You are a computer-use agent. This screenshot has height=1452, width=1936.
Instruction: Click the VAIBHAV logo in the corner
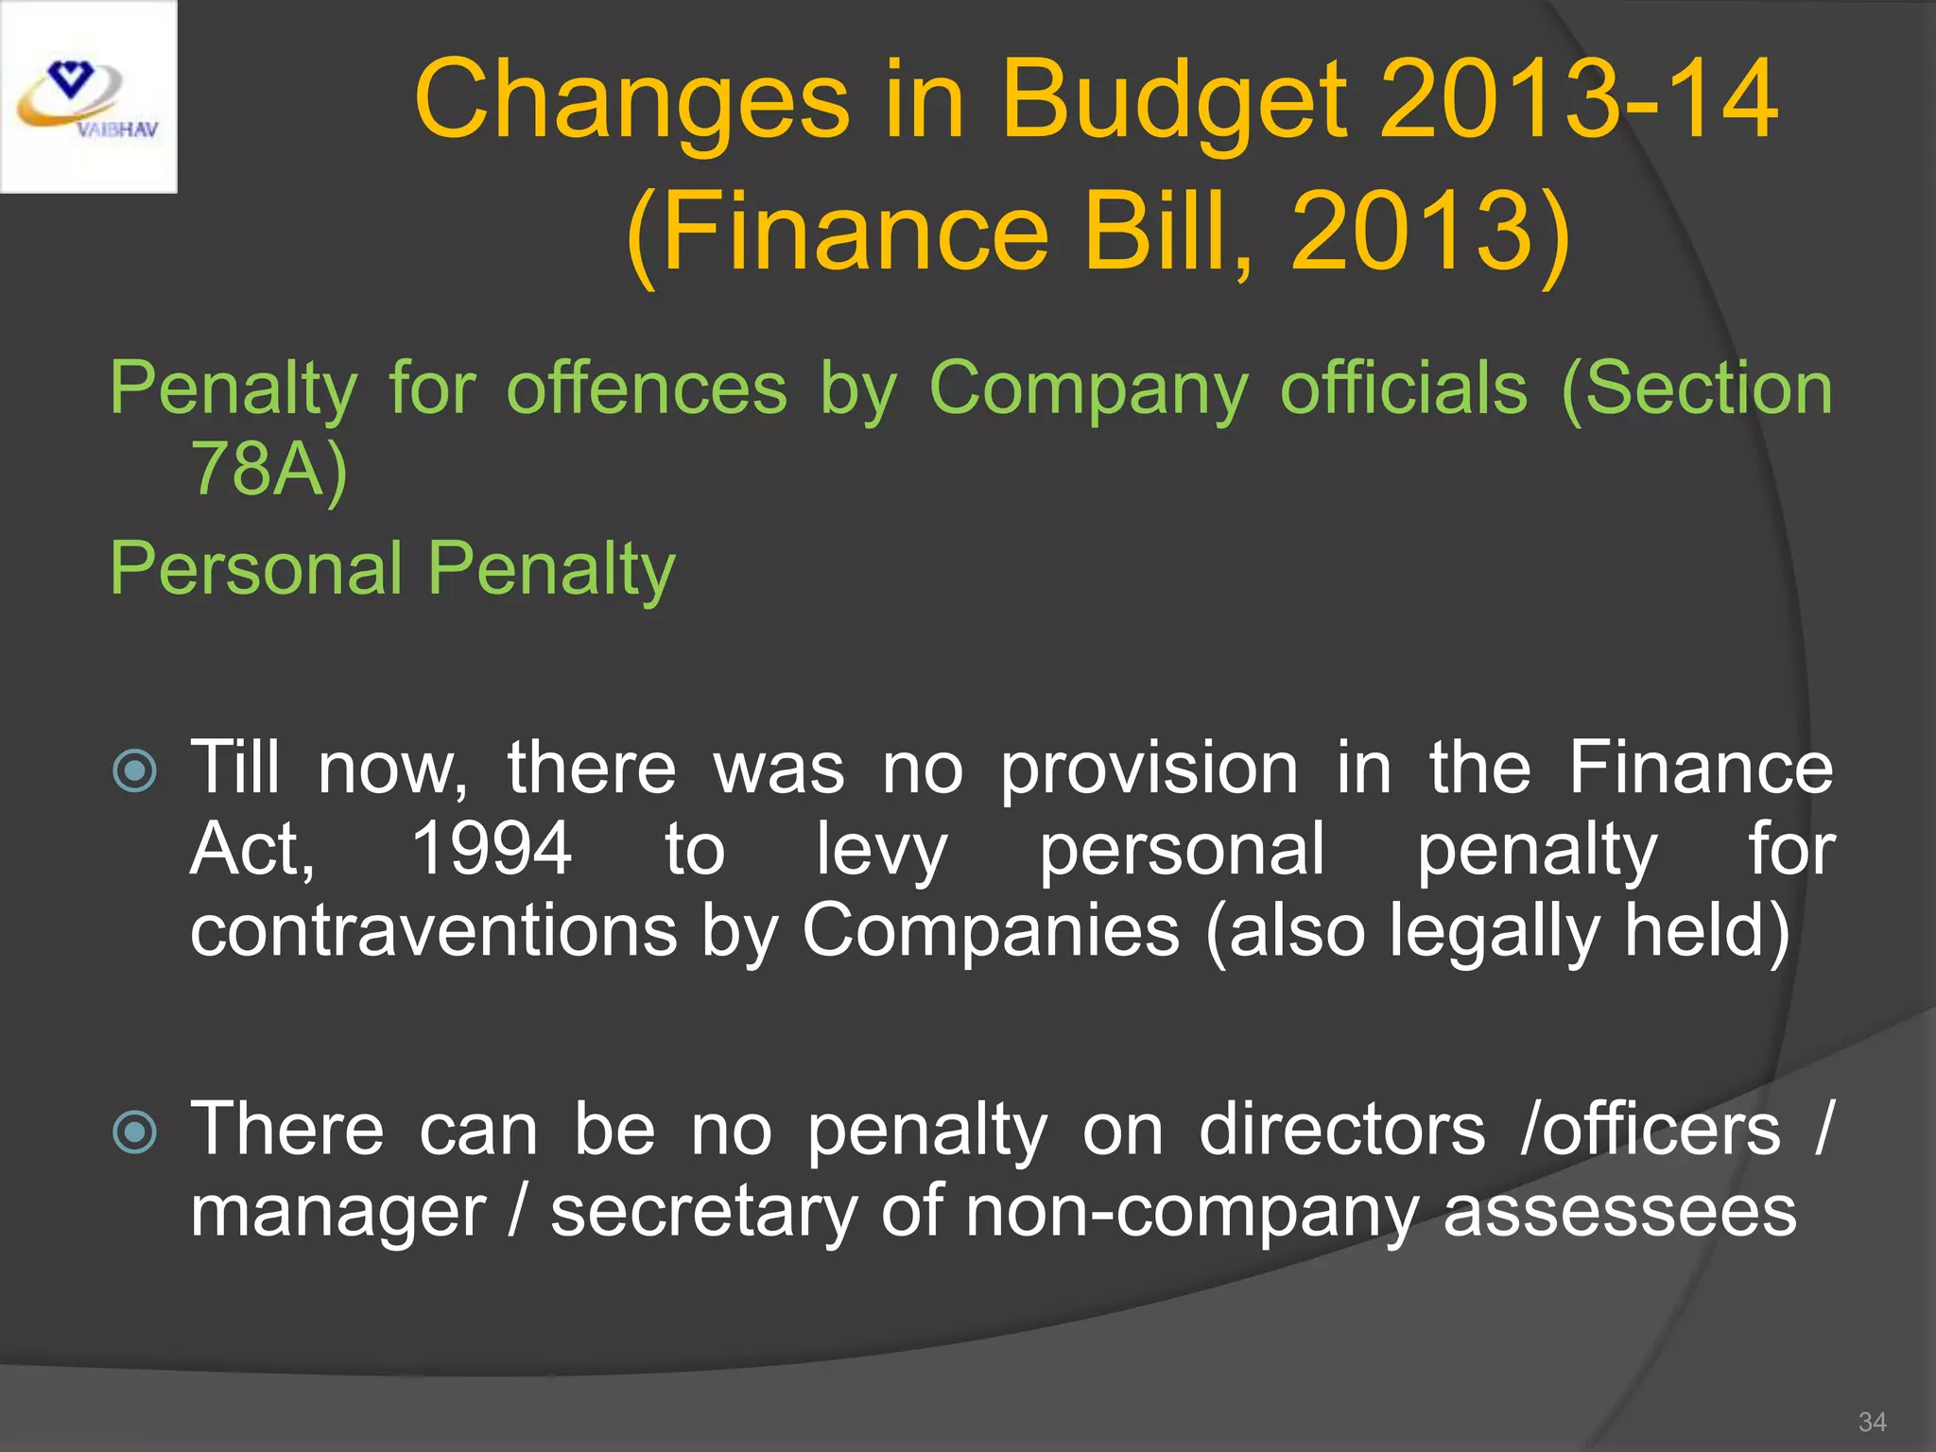pos(88,96)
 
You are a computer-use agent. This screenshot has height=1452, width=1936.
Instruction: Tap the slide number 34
pos(1872,1422)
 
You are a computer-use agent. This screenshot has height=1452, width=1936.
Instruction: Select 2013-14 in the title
pos(1579,99)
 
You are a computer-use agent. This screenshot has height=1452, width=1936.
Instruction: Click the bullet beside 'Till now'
pos(134,770)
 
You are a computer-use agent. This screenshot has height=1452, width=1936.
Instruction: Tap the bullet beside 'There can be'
pos(134,1132)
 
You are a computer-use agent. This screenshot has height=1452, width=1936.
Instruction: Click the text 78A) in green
pos(269,469)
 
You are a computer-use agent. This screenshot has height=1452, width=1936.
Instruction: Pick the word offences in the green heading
pos(647,389)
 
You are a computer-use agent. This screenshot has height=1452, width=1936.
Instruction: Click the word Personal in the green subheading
pos(256,569)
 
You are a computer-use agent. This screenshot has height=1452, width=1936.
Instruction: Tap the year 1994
pos(492,850)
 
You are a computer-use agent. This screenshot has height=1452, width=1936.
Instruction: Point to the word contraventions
pos(434,931)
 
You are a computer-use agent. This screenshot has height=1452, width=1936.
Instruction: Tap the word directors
pos(1342,1131)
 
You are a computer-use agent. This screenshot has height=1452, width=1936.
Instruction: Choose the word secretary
pos(704,1213)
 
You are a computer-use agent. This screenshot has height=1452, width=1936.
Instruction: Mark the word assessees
pos(1619,1213)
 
